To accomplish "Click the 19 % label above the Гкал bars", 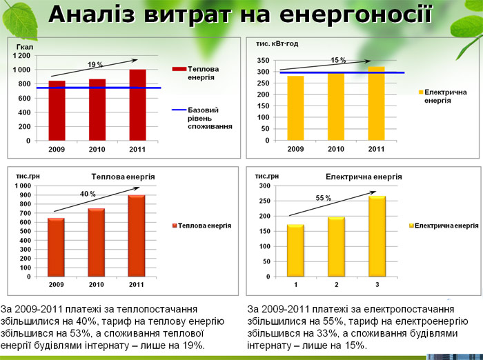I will pos(95,64).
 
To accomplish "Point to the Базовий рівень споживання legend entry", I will pos(210,118).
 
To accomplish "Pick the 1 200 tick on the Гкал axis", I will pos(21,55).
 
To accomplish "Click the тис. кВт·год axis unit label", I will pos(277,43).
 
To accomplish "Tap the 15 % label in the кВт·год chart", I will pos(337,60).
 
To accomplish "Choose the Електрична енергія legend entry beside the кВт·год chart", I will pos(445,96).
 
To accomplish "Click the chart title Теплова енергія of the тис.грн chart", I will pos(123,177).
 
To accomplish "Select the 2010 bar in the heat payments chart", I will pos(96,242).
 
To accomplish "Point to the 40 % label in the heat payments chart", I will pos(88,194).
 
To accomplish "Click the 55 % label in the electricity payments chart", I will pos(324,198).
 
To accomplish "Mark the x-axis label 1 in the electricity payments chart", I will pos(295,283).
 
